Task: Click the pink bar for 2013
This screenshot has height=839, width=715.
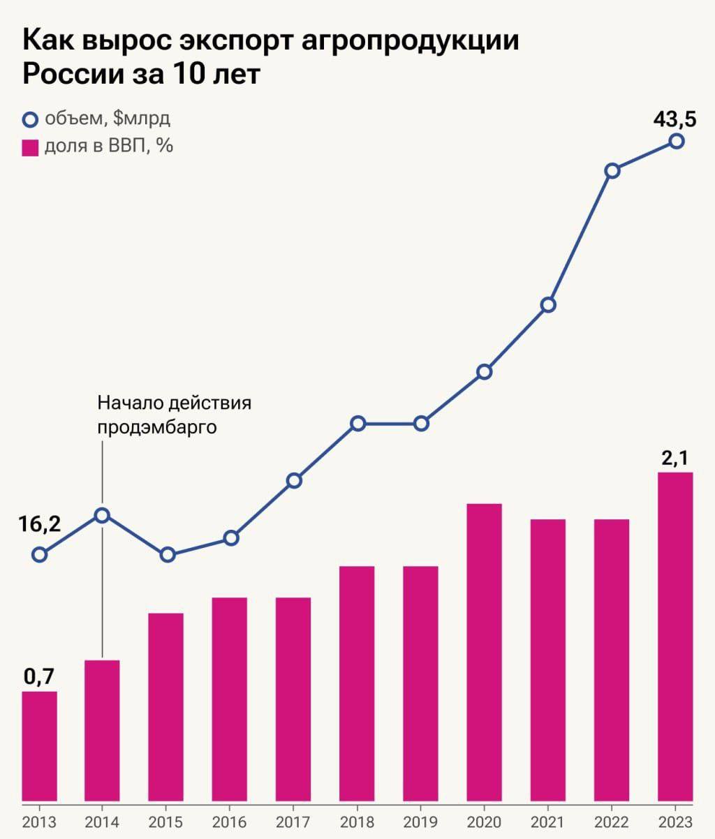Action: tap(39, 745)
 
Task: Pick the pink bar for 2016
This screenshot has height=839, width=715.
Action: tap(230, 699)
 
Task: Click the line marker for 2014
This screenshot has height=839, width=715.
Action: tap(102, 515)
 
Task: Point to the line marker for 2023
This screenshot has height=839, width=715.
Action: tap(676, 141)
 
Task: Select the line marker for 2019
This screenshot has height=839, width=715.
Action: tap(421, 424)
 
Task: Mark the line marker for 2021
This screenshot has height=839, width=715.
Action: tap(548, 305)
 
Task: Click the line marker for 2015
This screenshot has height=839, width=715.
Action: tap(168, 555)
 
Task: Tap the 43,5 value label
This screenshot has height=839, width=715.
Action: tap(675, 119)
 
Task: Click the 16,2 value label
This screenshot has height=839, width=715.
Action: tap(40, 525)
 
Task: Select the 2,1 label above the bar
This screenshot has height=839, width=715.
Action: tap(675, 458)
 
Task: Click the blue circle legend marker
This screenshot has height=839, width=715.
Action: tap(30, 120)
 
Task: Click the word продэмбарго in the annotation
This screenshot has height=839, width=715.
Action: tap(157, 426)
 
